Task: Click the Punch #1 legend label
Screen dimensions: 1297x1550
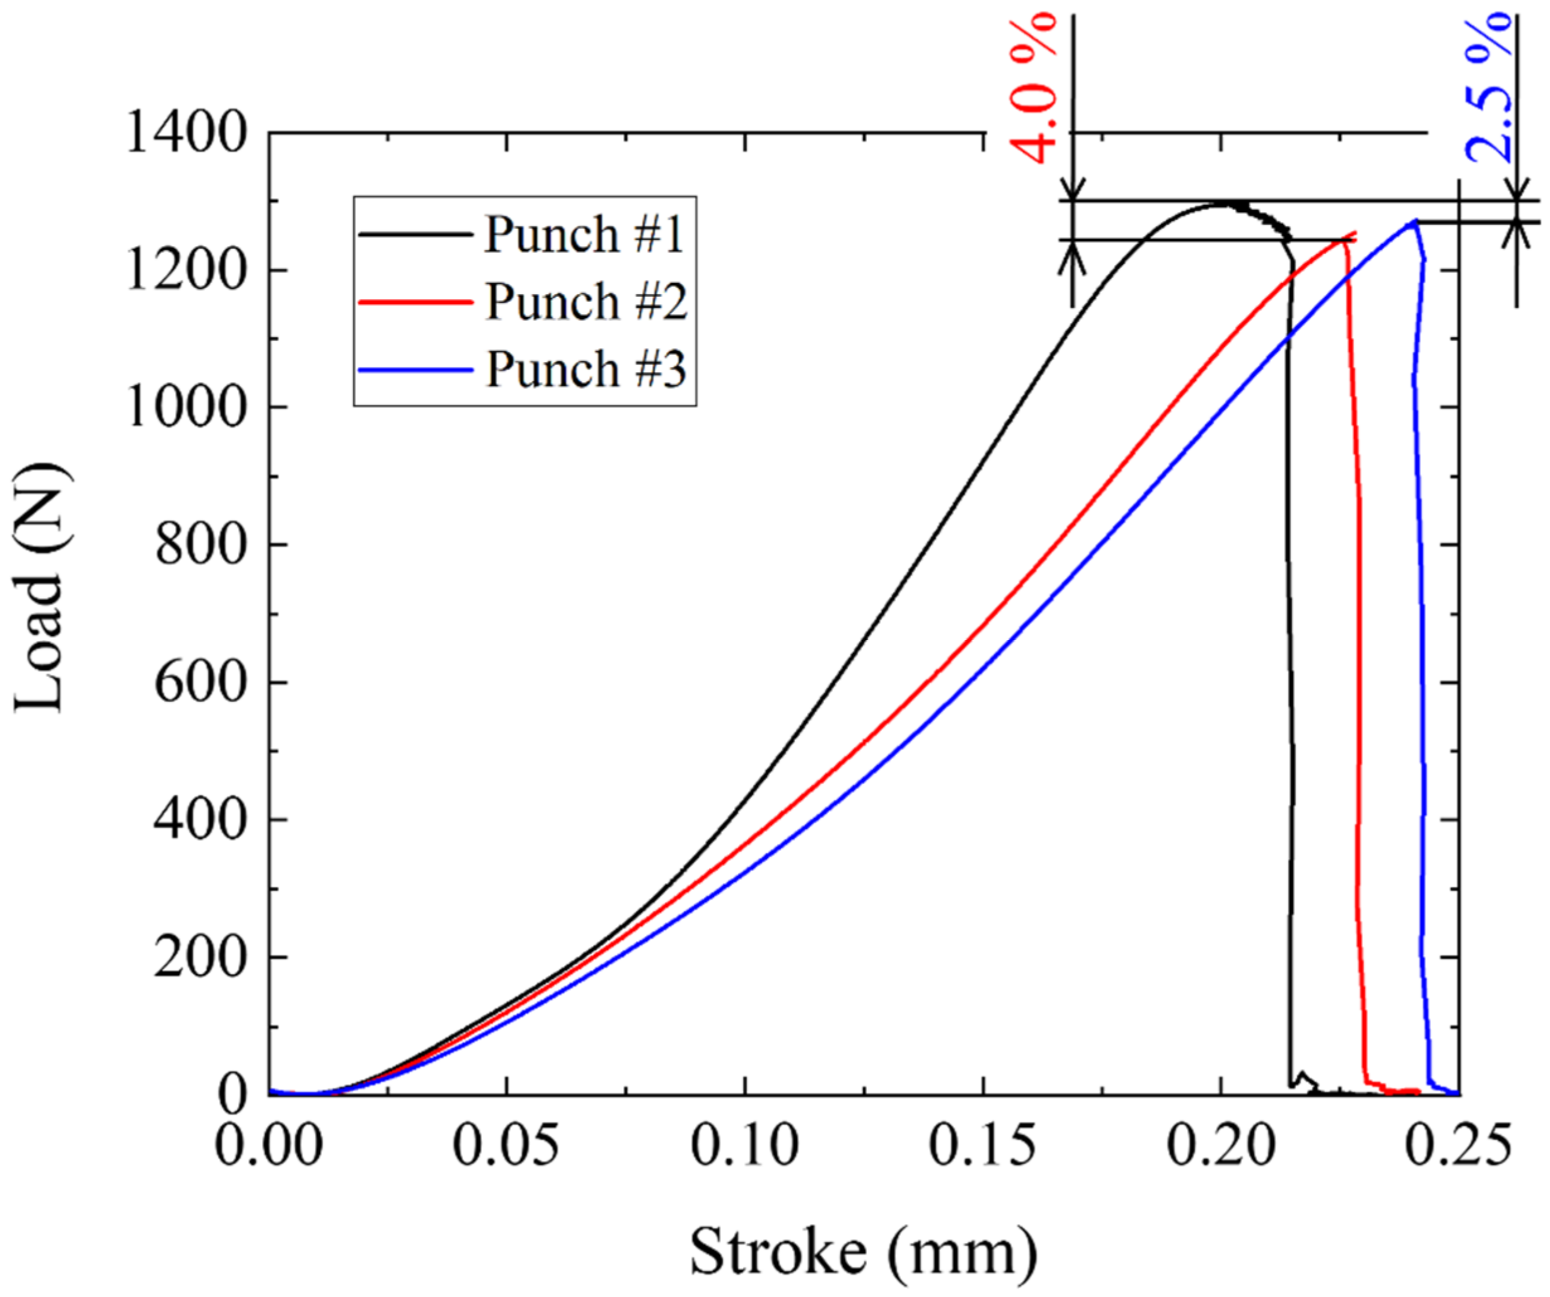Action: [x=584, y=235]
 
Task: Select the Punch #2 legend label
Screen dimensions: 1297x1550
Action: [x=586, y=301]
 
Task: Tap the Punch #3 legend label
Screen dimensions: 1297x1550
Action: [x=586, y=368]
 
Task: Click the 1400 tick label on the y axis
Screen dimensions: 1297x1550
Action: [x=184, y=133]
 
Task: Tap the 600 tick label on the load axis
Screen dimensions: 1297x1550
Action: [x=198, y=682]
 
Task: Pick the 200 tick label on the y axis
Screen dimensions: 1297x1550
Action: [x=198, y=957]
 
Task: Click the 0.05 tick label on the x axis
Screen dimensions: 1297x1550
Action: [x=507, y=1146]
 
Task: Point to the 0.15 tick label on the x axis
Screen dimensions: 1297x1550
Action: [x=982, y=1146]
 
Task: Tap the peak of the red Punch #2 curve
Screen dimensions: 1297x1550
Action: [x=1352, y=235]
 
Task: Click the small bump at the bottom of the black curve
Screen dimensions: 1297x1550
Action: [x=1303, y=1075]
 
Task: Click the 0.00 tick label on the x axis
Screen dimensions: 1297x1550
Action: [x=269, y=1146]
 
